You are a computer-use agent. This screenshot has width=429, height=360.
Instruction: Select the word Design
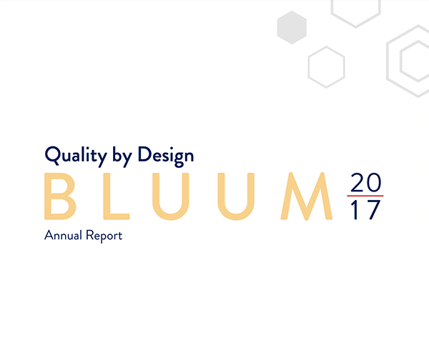(166, 154)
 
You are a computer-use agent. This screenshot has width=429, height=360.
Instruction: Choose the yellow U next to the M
(233, 196)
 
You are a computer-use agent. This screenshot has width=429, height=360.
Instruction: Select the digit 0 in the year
(373, 183)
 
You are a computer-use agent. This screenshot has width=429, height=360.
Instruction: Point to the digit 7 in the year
(373, 210)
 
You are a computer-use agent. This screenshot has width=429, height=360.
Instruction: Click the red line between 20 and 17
(365, 196)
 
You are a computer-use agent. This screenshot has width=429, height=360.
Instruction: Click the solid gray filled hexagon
(292, 28)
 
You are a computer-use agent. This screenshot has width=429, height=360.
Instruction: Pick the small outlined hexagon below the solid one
(326, 66)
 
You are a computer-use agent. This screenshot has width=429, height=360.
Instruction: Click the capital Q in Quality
(51, 154)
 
